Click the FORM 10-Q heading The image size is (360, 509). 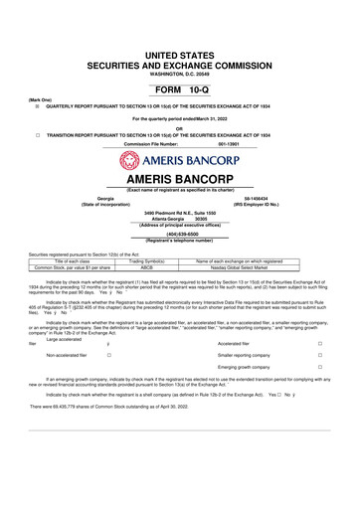point(179,88)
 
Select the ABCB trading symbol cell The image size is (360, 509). point(146,267)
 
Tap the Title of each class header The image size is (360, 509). point(78,260)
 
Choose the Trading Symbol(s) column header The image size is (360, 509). point(146,260)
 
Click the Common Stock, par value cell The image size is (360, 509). point(78,267)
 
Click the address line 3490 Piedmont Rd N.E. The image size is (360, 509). point(179,212)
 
